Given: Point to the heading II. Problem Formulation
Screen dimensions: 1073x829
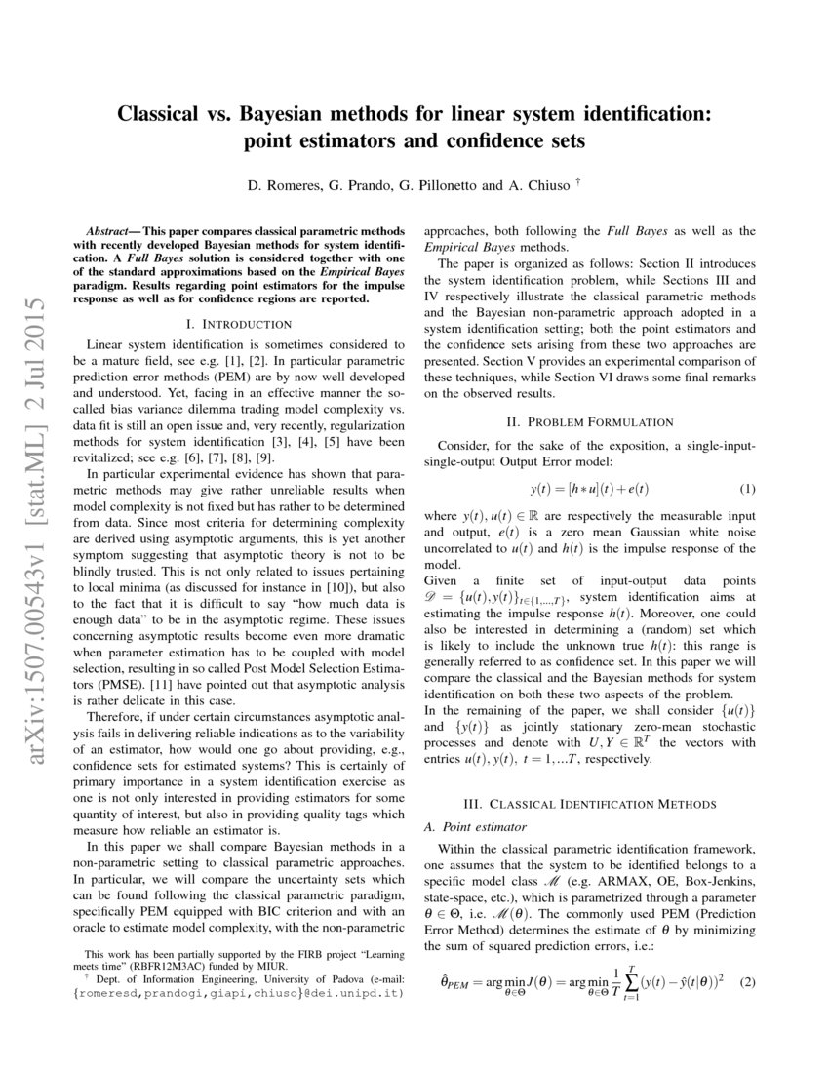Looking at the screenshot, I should point(591,422).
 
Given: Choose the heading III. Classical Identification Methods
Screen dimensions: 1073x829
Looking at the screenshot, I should point(591,804).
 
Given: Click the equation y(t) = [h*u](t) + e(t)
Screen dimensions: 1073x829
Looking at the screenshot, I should point(590,488).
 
